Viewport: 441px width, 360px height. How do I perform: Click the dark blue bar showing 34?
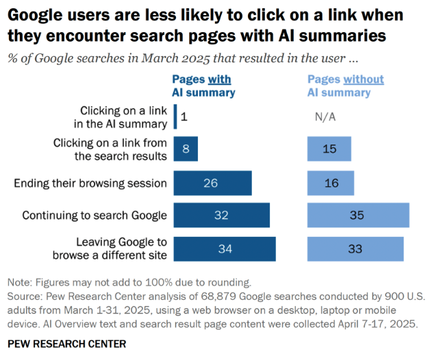(225, 248)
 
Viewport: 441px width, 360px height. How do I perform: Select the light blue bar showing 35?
(358, 215)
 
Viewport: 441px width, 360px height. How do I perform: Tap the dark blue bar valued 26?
(212, 183)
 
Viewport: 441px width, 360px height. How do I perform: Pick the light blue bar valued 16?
(331, 183)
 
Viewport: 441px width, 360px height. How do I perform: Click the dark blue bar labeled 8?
(186, 149)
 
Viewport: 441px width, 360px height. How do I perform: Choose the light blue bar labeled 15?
(329, 149)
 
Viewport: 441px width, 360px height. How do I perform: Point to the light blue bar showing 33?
(355, 248)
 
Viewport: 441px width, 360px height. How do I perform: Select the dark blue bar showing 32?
(221, 215)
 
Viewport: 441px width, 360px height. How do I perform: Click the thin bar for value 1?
(175, 116)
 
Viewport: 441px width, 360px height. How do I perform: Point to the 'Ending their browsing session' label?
(90, 183)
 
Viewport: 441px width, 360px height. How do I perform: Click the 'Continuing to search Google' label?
(94, 215)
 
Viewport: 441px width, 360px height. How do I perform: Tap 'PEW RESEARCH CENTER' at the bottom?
(66, 342)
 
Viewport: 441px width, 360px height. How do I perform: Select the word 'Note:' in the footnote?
(21, 282)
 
